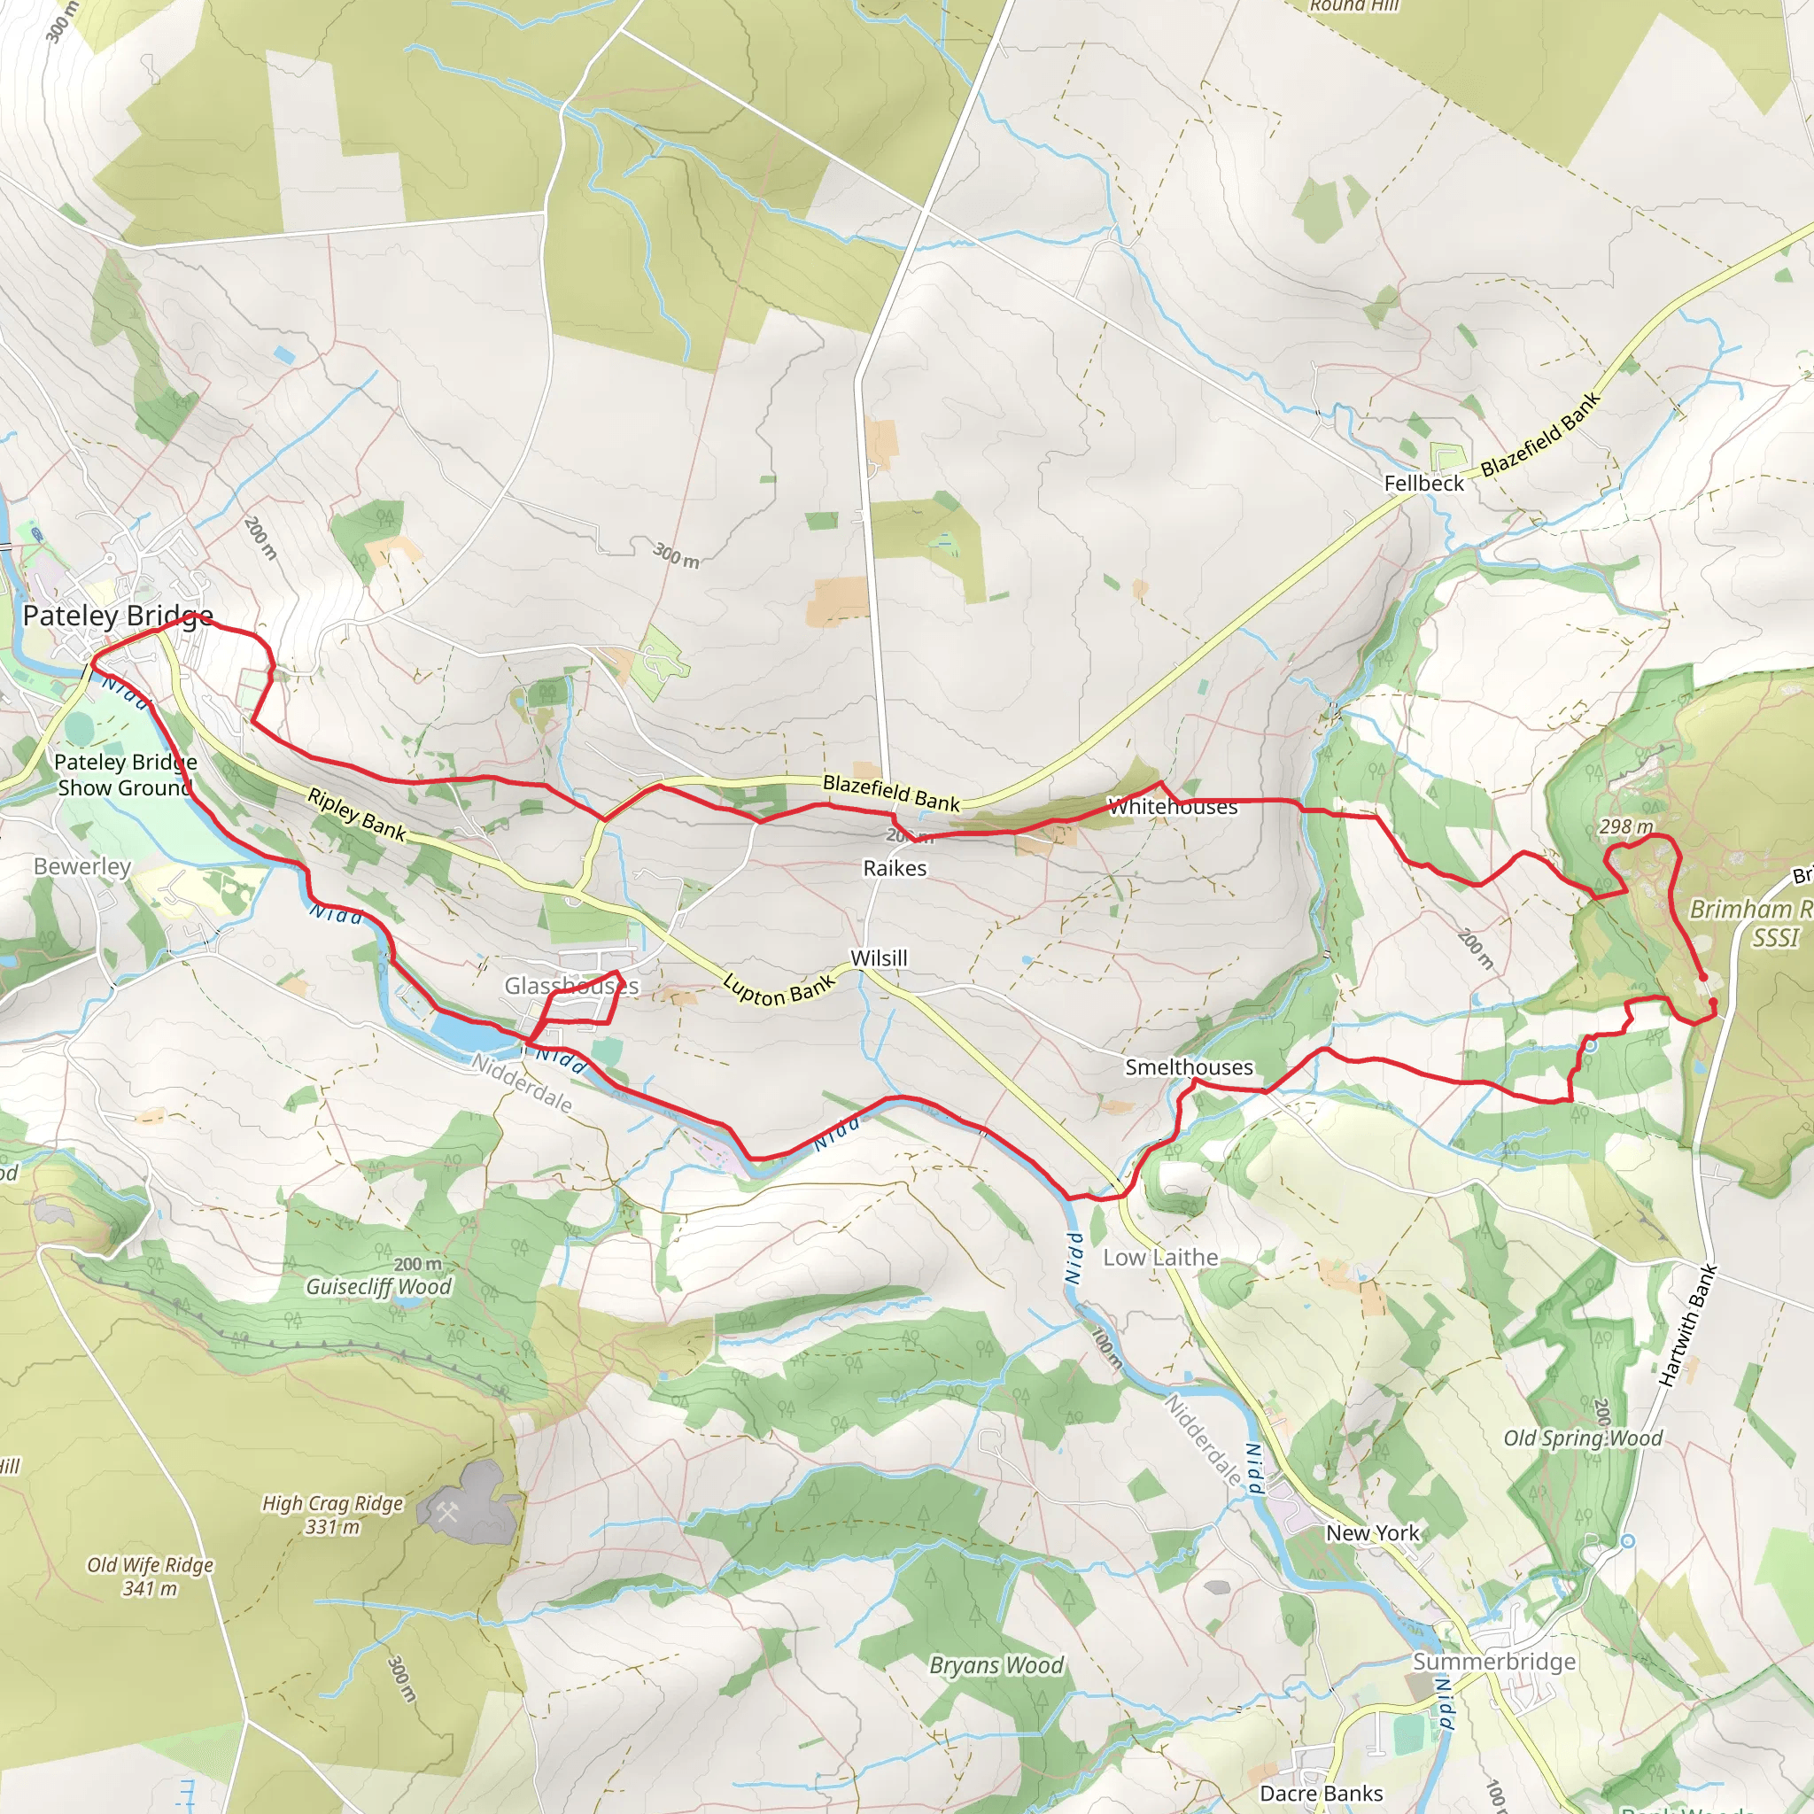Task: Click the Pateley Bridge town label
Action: pos(118,616)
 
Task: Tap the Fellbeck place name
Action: pos(1423,483)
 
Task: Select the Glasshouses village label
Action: pos(571,986)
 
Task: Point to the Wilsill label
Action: pos(879,957)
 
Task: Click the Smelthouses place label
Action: pos(1189,1066)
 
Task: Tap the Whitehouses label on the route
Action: pos(1173,807)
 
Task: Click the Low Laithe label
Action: pos(1160,1257)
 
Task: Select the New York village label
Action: pos(1372,1532)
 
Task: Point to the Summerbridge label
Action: pos(1494,1661)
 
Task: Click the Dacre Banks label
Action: pos(1320,1794)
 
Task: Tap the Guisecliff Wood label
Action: pos(378,1285)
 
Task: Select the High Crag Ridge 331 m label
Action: pos(332,1515)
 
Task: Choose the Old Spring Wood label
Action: pos(1582,1438)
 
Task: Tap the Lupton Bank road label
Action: pos(779,988)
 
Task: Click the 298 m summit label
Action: pos(1625,826)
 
